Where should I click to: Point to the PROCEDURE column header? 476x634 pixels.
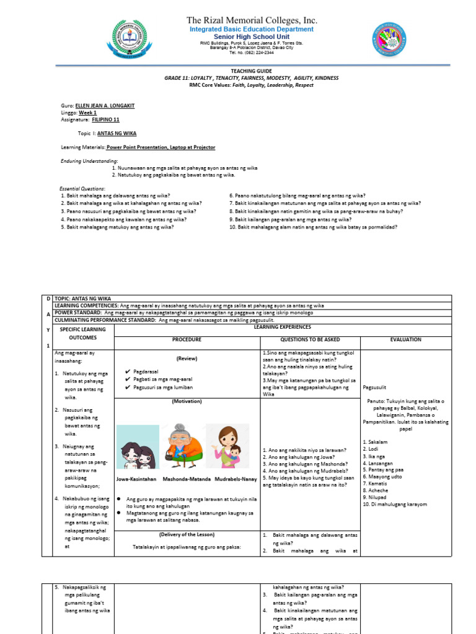pos(187,339)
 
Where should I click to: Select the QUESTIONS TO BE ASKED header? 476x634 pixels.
pos(310,339)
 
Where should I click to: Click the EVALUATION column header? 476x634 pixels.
pos(406,339)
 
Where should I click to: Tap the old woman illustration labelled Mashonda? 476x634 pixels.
pos(179,448)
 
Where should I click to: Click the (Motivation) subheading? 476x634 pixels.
pos(187,401)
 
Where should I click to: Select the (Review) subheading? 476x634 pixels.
pos(187,358)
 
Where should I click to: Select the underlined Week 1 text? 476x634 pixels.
pos(87,113)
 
